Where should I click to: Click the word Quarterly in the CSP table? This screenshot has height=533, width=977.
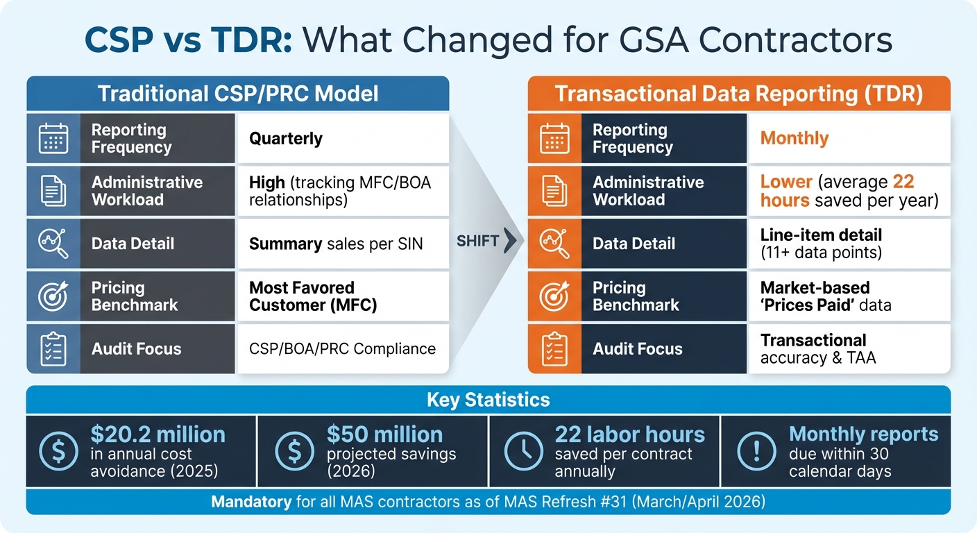click(286, 138)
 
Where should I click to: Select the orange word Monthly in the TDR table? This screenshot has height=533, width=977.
click(795, 138)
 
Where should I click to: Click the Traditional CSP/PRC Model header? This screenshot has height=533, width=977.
click(238, 94)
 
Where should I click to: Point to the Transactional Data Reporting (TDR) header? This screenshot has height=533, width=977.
click(738, 94)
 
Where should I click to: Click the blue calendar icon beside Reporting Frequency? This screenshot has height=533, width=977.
click(53, 138)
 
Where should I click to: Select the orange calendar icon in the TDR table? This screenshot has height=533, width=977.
click(554, 138)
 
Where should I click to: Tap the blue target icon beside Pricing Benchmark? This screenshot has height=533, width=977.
click(53, 296)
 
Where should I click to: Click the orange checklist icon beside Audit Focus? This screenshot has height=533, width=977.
click(554, 349)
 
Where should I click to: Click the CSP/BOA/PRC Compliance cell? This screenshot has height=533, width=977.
click(342, 348)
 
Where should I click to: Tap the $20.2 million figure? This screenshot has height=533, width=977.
click(158, 434)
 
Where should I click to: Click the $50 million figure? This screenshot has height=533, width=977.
click(384, 434)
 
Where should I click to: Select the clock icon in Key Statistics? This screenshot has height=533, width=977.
click(523, 452)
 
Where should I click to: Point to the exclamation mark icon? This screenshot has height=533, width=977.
click(755, 452)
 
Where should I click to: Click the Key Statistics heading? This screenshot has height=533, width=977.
click(488, 400)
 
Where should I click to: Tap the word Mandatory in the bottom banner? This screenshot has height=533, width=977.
click(251, 501)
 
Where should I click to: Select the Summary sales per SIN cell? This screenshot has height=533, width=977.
click(336, 244)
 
